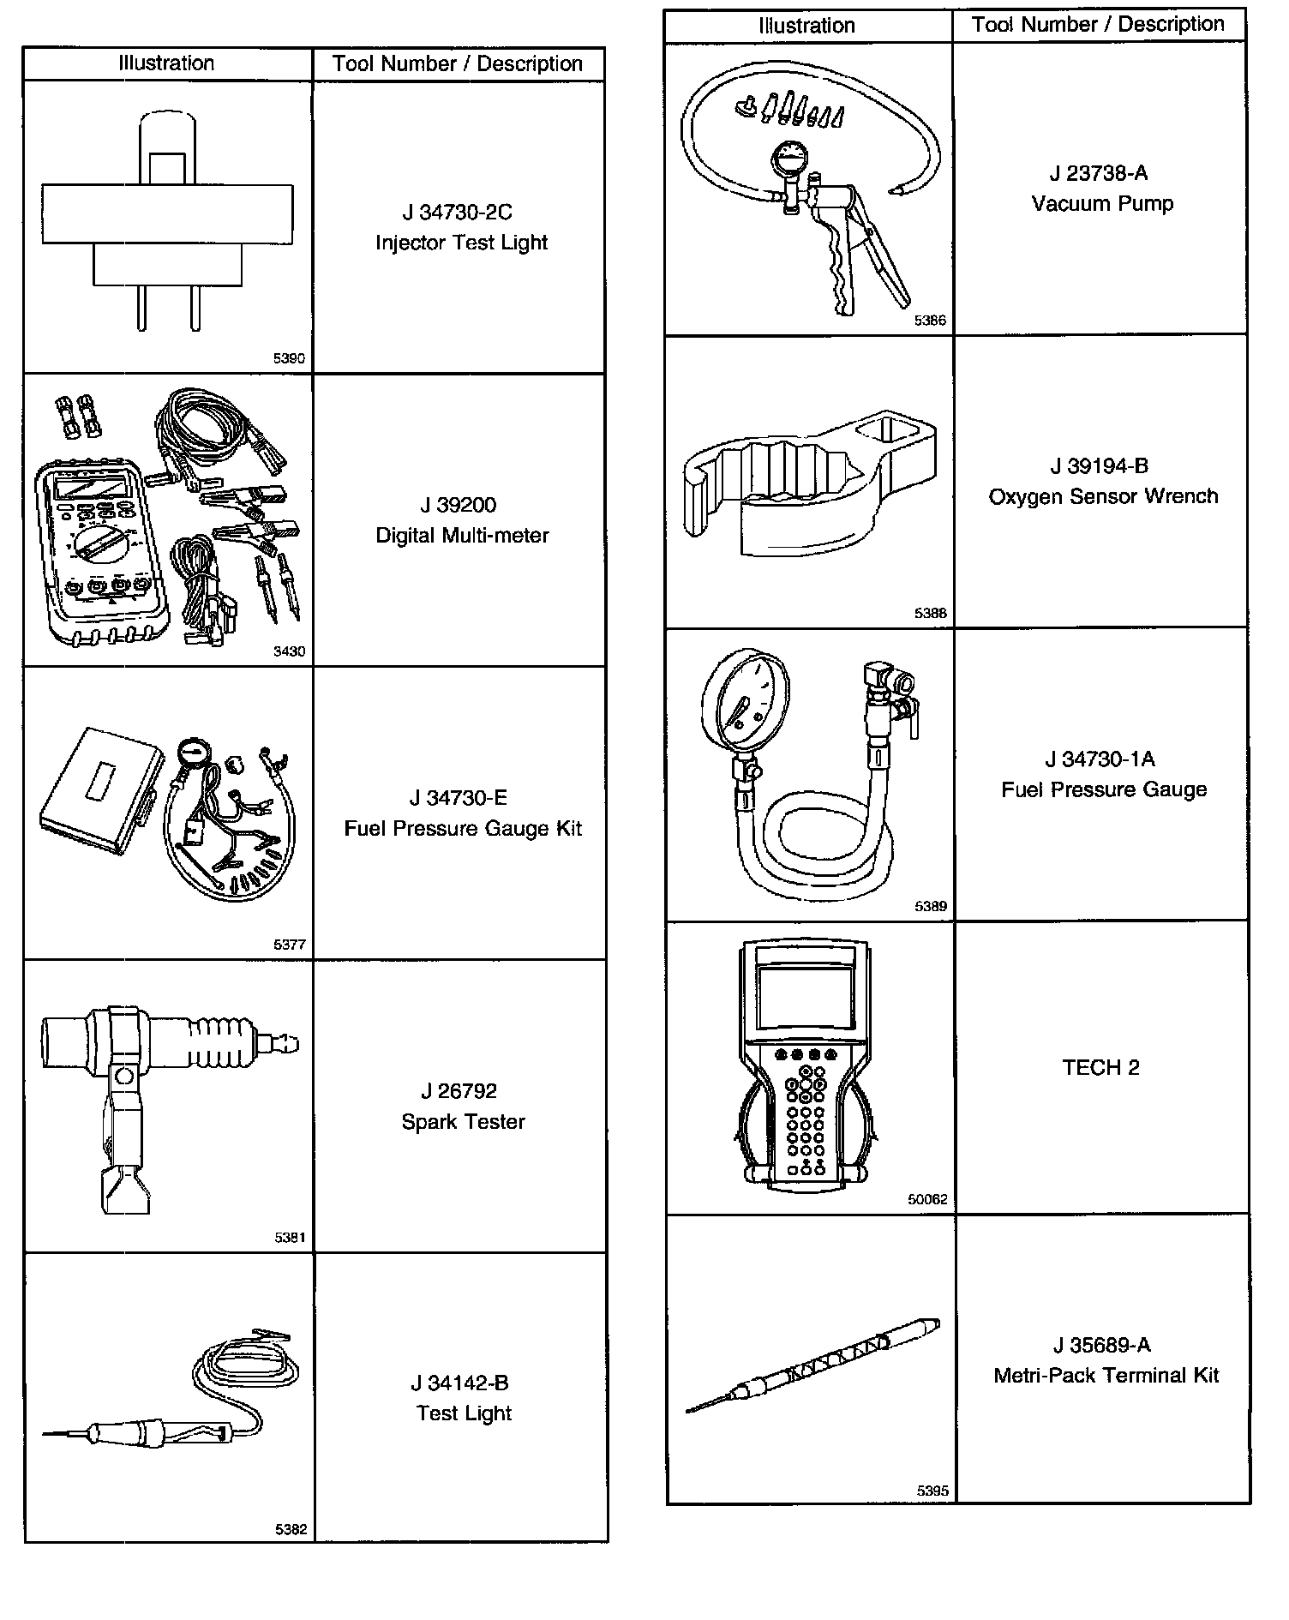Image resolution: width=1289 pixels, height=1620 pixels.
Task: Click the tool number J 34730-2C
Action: point(458,212)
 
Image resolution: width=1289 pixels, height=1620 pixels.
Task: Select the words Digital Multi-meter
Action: point(462,536)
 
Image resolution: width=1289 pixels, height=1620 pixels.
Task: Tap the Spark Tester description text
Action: point(463,1121)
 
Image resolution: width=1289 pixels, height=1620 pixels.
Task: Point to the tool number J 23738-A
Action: point(1099,173)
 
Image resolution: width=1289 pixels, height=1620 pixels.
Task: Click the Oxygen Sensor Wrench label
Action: point(1103,496)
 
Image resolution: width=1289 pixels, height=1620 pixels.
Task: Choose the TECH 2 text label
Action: point(1100,1067)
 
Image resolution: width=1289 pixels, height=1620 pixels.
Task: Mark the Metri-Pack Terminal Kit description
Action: point(1106,1376)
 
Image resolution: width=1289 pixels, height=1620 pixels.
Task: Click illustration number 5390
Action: point(289,358)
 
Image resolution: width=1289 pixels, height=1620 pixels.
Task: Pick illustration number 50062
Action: point(927,1199)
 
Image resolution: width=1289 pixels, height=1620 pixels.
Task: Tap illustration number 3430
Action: point(289,651)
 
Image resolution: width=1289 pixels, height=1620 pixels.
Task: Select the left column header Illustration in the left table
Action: point(166,63)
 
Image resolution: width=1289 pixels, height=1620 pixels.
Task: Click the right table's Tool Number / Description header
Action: point(1098,25)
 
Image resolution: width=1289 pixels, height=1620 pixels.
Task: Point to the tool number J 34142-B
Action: point(459,1383)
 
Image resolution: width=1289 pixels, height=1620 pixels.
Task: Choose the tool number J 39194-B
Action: point(1099,466)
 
